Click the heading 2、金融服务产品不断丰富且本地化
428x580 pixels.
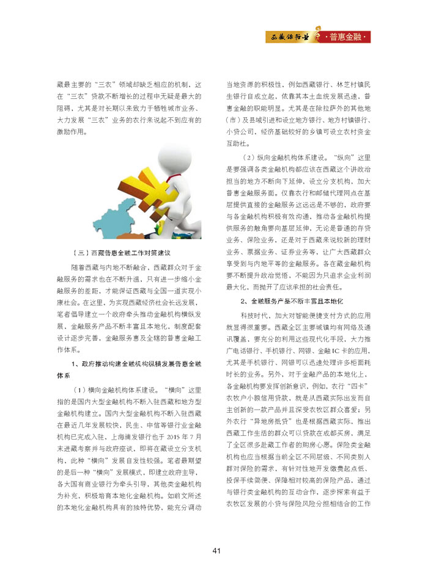pyautogui.click(x=292, y=302)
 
